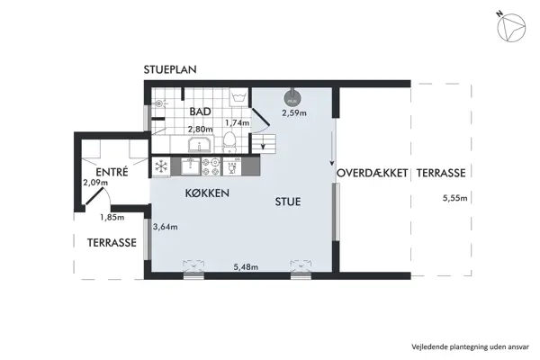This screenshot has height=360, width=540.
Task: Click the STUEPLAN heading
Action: click(170, 69)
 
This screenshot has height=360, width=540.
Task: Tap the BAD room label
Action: click(200, 112)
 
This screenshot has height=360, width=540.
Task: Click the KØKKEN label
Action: click(207, 193)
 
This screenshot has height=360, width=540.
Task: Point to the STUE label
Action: click(287, 202)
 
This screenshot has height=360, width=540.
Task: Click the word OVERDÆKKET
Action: click(373, 173)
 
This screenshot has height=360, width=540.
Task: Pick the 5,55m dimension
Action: click(447, 199)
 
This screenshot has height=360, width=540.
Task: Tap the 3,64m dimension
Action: click(166, 227)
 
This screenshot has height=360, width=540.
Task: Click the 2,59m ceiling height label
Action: click(294, 113)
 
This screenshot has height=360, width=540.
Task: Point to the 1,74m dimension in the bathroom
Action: click(236, 122)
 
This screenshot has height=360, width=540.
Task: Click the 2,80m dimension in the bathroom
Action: click(200, 129)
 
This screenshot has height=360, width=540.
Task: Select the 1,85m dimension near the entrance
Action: click(112, 217)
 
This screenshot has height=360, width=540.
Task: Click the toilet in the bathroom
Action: click(230, 140)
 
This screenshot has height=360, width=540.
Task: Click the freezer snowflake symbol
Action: click(161, 166)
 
